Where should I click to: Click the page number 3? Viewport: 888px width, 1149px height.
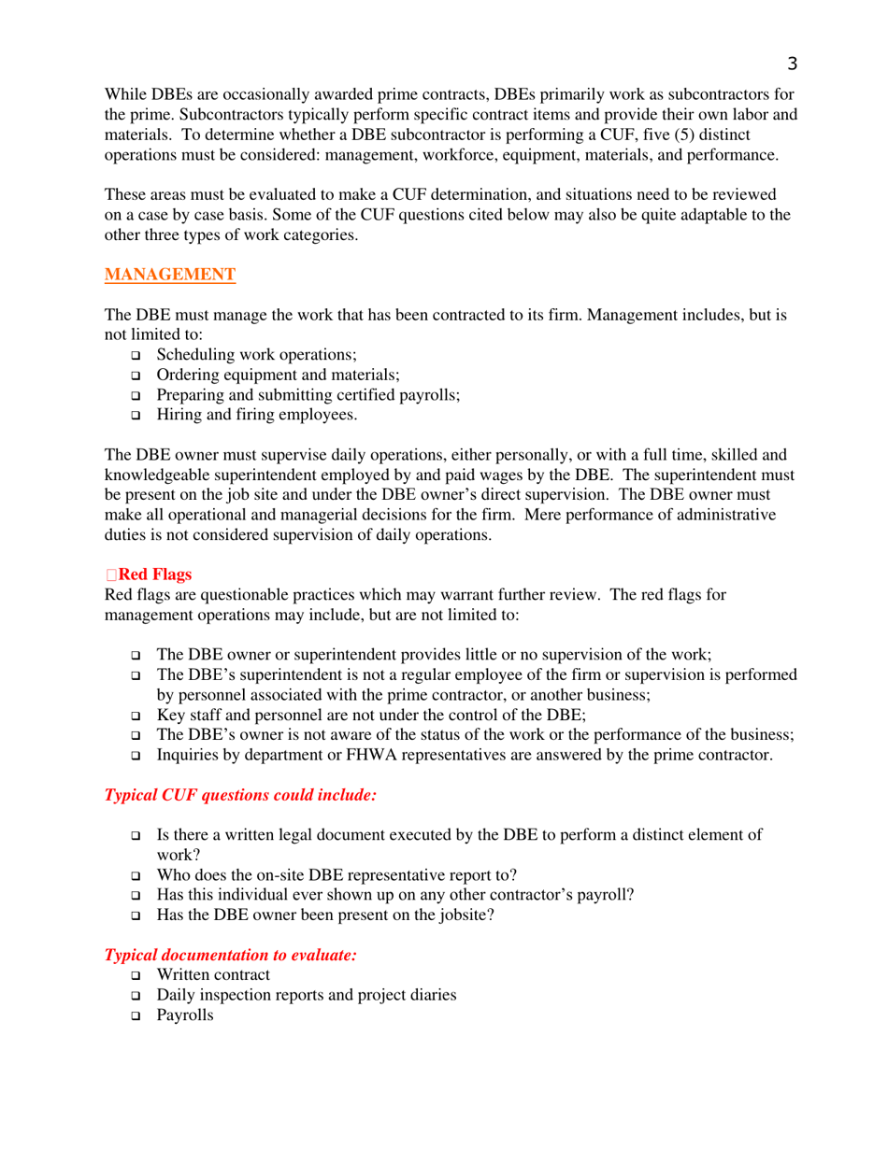click(x=792, y=64)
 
